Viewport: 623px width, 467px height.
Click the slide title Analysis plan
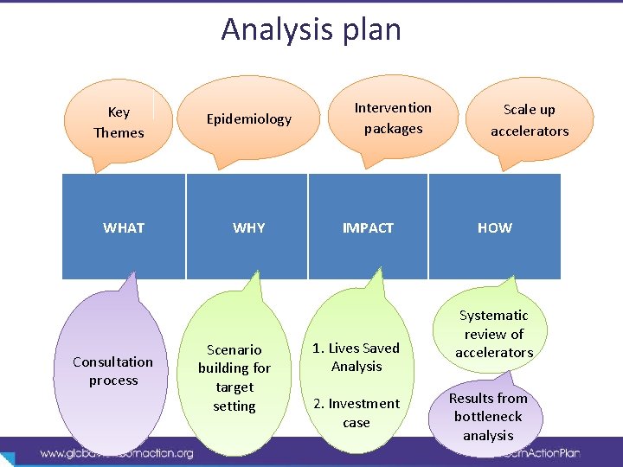tap(311, 29)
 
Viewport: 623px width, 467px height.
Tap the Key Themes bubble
tap(119, 122)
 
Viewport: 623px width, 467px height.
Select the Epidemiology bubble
tap(248, 119)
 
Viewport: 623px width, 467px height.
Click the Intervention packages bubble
tap(393, 118)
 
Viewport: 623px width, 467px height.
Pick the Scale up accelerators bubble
tap(530, 120)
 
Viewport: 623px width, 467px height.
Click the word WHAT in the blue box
tap(124, 228)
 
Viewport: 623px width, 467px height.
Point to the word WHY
tap(249, 228)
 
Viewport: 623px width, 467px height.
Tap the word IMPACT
tap(368, 228)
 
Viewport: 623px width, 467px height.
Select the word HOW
tap(495, 228)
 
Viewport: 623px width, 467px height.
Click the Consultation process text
tap(113, 371)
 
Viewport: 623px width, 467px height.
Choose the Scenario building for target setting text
tap(234, 378)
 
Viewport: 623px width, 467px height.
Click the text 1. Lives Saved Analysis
tap(356, 357)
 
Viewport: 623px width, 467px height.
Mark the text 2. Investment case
tap(356, 413)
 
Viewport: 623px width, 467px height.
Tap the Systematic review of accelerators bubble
tap(494, 334)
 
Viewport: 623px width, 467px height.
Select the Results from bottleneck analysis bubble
tap(488, 417)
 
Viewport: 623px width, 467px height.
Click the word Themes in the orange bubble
tap(119, 132)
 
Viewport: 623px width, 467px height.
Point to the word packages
tap(393, 129)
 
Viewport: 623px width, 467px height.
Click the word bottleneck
tap(488, 417)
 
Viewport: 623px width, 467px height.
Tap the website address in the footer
tap(117, 453)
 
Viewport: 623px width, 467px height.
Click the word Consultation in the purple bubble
tap(113, 361)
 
